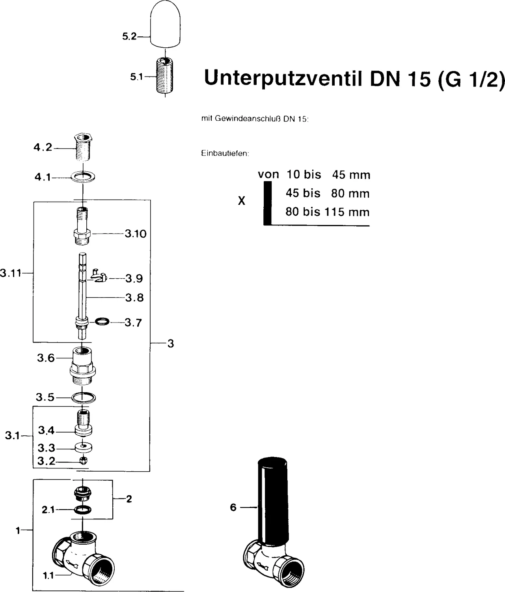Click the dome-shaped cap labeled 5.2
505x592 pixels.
(166, 24)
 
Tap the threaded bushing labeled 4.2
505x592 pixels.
(83, 148)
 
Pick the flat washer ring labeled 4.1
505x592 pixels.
(83, 177)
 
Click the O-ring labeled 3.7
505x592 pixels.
(102, 322)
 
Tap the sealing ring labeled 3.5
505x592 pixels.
(83, 397)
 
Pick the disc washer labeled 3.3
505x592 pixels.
(83, 447)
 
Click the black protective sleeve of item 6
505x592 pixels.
(272, 501)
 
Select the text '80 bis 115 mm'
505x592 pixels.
(328, 212)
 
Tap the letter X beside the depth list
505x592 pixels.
(242, 201)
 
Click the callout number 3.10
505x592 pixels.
(136, 234)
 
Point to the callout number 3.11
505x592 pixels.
(10, 273)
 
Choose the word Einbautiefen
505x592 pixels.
(225, 154)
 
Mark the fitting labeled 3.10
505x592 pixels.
(82, 227)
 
